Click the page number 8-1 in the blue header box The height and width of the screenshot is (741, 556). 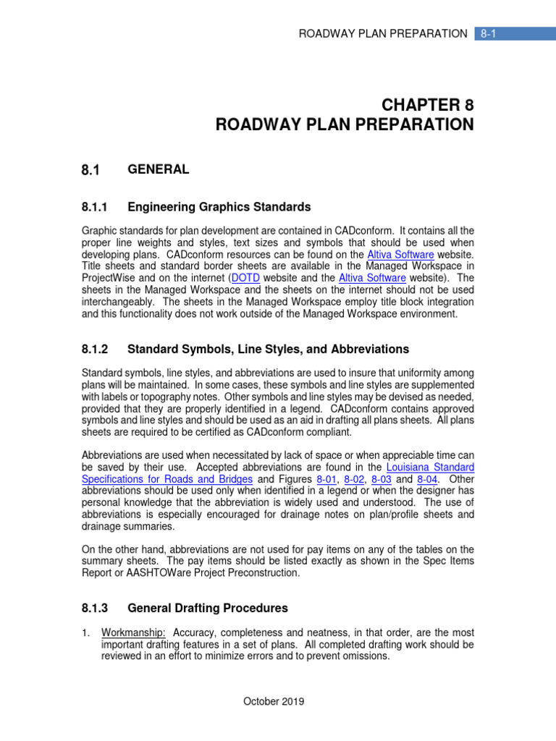(490, 33)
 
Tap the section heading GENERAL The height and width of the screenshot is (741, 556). (158, 169)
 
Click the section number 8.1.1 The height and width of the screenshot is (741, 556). (94, 208)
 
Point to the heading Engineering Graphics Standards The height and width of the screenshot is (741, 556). (219, 208)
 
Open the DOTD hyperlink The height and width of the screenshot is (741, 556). (245, 278)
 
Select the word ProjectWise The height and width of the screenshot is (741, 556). (108, 278)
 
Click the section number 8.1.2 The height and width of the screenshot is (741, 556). (94, 349)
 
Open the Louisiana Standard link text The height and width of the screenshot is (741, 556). (431, 467)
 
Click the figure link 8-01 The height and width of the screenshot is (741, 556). (324, 479)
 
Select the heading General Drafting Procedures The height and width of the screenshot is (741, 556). (207, 608)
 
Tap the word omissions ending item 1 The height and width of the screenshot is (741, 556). (366, 656)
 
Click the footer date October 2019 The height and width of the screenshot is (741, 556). (274, 701)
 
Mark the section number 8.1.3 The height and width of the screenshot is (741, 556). (94, 608)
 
